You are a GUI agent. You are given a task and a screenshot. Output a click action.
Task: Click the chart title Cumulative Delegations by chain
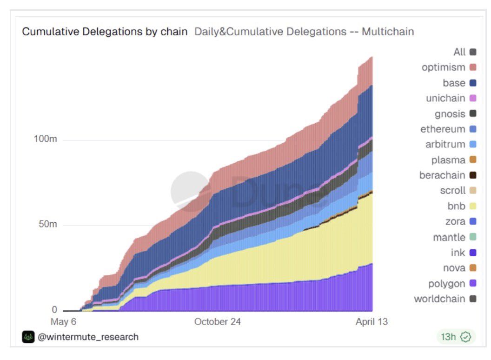click(x=105, y=32)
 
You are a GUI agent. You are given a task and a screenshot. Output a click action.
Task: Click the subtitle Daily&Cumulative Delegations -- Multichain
click(x=304, y=32)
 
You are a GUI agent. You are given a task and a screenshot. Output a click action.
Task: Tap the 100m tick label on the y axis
click(x=46, y=140)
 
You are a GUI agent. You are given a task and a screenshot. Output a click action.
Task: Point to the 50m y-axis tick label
click(x=47, y=225)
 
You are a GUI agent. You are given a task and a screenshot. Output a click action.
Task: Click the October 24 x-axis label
click(x=218, y=322)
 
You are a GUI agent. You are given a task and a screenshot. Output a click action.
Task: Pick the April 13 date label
click(x=372, y=322)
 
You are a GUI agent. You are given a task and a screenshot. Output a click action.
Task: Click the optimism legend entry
click(x=444, y=67)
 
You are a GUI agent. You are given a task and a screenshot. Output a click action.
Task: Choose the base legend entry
click(x=454, y=83)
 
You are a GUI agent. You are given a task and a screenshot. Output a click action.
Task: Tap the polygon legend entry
click(x=446, y=284)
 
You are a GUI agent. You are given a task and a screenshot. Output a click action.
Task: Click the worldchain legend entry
click(x=439, y=299)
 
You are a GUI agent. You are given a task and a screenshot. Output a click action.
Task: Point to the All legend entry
click(x=459, y=52)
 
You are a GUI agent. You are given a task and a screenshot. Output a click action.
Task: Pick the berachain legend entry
click(x=442, y=175)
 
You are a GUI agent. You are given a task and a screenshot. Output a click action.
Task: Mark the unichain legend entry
click(x=445, y=99)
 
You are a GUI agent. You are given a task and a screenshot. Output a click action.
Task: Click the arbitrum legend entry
click(x=445, y=145)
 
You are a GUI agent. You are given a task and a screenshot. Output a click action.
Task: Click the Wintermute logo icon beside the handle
click(x=28, y=337)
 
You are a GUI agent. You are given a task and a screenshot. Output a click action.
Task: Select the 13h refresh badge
click(x=456, y=337)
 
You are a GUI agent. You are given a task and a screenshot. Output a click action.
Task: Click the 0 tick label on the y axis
click(x=54, y=310)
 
